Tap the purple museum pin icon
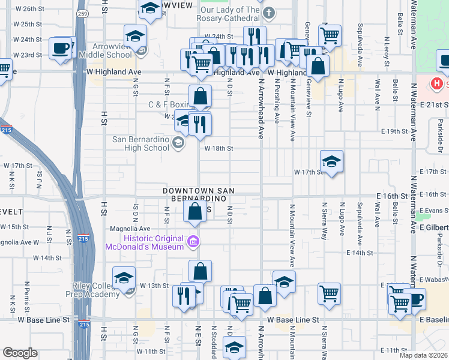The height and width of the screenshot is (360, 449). point(193,242)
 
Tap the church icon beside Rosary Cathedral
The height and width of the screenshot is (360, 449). point(270,13)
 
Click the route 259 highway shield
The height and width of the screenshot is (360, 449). point(82,13)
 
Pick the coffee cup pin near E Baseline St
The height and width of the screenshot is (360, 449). point(414,299)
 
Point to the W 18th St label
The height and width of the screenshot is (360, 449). point(218,148)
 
